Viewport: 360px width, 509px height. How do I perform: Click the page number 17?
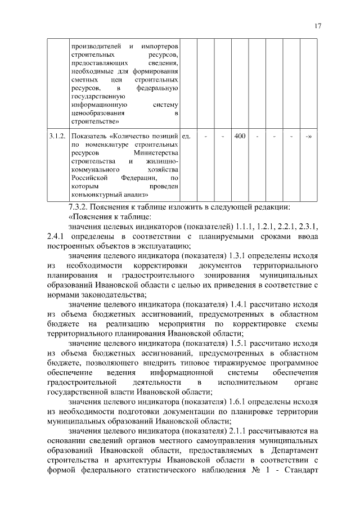point(318,26)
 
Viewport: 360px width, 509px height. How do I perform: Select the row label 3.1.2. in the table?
point(57,136)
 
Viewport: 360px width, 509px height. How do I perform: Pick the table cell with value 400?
point(240,136)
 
